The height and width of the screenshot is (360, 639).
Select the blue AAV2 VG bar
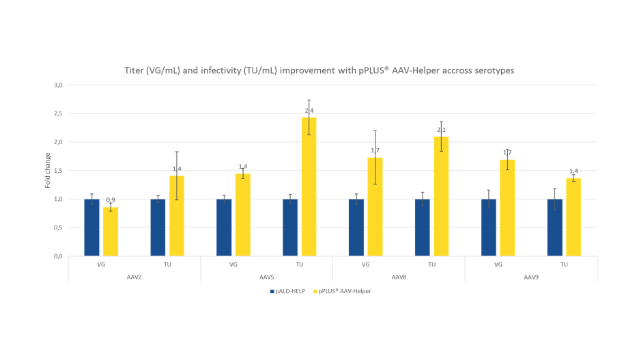point(91,227)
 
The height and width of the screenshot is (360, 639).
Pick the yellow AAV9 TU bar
point(573,217)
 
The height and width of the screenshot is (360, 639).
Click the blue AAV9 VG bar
point(489,227)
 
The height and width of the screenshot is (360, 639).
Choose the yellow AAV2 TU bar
point(177,216)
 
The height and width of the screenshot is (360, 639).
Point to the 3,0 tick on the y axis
point(58,85)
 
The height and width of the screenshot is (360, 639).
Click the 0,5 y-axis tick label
point(58,227)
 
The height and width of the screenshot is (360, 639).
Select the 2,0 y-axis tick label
point(58,142)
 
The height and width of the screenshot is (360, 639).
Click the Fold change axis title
point(48,171)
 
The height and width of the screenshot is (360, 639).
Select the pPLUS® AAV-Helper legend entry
point(344,291)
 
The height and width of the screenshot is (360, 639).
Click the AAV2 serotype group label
point(134,277)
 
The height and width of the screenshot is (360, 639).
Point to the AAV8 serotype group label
point(399,277)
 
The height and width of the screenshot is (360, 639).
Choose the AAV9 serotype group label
point(531,277)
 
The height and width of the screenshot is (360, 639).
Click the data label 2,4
point(309,111)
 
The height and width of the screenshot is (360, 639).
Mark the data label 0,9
point(111,200)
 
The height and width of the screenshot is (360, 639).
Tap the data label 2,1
point(441,130)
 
